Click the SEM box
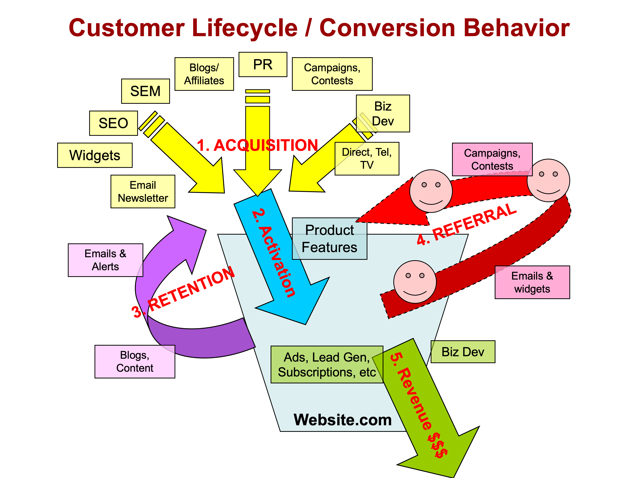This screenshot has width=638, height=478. (145, 91)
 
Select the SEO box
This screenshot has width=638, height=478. (113, 123)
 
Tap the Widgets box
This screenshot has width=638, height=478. (95, 155)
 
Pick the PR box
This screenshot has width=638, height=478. (263, 64)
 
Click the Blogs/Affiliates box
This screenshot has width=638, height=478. (204, 74)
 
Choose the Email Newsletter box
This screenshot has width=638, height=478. (143, 191)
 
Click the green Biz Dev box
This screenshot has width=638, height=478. (463, 352)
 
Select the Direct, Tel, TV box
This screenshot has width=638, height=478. (367, 159)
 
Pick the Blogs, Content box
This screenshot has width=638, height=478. (135, 361)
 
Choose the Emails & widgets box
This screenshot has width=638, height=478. (532, 282)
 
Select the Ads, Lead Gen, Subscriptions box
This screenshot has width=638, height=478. (327, 365)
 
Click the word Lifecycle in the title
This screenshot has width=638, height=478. (245, 28)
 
